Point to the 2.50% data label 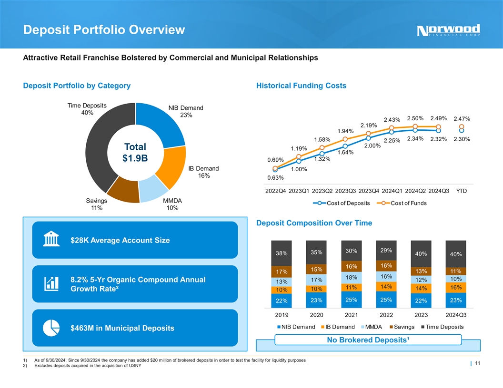pos(415,118)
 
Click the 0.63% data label pos(275,178)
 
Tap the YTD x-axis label pos(461,191)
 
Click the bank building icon pos(51,240)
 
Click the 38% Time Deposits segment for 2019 pos(282,253)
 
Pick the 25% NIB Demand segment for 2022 pos(386,300)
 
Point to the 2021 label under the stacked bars pos(351,314)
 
